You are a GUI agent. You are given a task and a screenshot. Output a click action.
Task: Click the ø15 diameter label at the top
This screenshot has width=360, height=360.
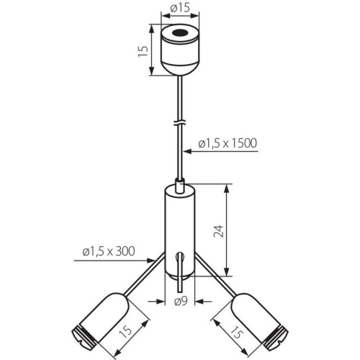click(x=180, y=8)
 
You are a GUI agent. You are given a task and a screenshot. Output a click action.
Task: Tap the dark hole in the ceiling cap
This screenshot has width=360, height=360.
click(x=180, y=32)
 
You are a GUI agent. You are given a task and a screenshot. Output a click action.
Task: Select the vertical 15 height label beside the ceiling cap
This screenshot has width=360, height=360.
click(x=143, y=51)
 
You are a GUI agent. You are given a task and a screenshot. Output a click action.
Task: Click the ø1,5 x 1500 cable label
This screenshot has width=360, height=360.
click(x=228, y=143)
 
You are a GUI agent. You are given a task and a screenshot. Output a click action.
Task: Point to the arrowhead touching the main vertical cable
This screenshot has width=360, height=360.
click(x=188, y=151)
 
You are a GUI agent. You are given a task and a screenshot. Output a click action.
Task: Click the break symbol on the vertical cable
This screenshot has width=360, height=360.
click(x=180, y=122)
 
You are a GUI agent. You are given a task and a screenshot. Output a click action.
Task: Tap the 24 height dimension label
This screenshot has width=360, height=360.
click(x=218, y=231)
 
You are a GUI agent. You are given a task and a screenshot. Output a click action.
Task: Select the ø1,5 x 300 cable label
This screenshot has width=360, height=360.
click(x=109, y=251)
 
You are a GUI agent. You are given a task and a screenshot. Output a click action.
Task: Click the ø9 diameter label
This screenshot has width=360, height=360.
click(x=181, y=301)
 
